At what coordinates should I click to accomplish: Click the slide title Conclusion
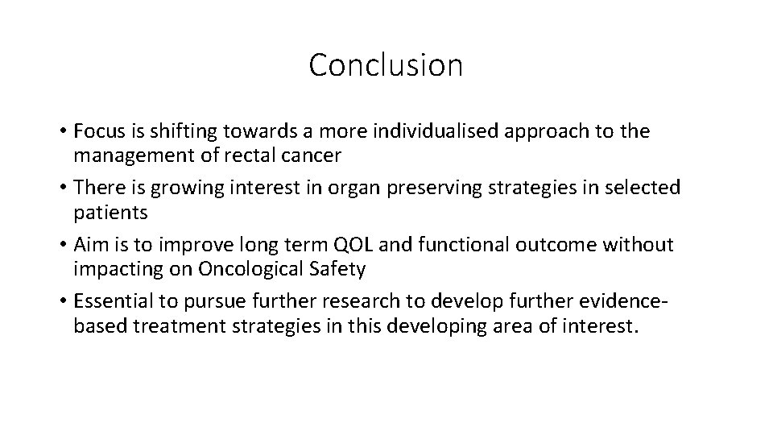point(386,65)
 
